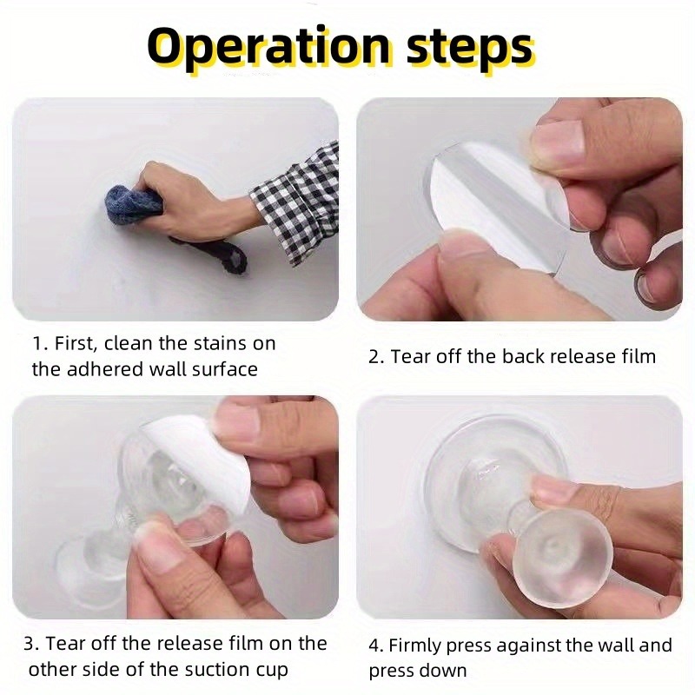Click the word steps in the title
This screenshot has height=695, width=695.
tap(469, 50)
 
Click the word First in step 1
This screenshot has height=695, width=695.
tap(75, 343)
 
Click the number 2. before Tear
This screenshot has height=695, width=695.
tap(376, 357)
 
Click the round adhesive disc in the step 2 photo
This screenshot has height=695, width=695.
tap(492, 208)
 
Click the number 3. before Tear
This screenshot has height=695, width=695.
tap(32, 644)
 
